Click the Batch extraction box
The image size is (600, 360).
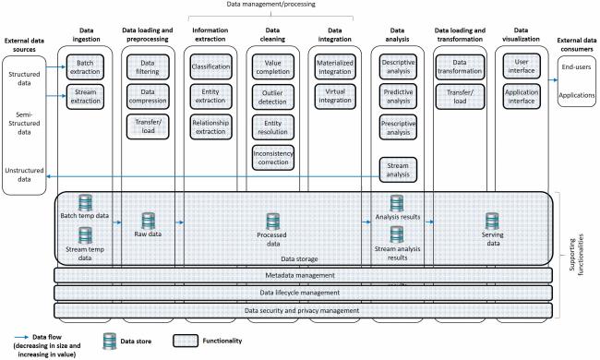coord(85,67)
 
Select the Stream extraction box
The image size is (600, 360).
coord(85,97)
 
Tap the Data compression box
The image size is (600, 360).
coord(148,97)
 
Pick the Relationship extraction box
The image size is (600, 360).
coord(210,127)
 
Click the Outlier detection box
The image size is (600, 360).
coord(273,97)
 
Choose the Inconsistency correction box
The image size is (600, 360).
coord(273,158)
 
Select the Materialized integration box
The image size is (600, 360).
coord(335,67)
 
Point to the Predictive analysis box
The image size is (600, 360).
coord(398,96)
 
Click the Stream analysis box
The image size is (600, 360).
coord(398,170)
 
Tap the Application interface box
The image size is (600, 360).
coord(522,96)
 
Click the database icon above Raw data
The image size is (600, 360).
coord(148,222)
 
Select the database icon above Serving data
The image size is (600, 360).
coord(492,222)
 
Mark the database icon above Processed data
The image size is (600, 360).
coord(273,222)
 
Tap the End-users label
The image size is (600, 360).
coord(576,67)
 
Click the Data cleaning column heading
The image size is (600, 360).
coord(272,34)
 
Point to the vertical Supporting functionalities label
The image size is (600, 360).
coord(577,255)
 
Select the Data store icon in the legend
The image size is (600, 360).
coord(110,341)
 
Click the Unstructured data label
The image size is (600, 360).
coord(24,174)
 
